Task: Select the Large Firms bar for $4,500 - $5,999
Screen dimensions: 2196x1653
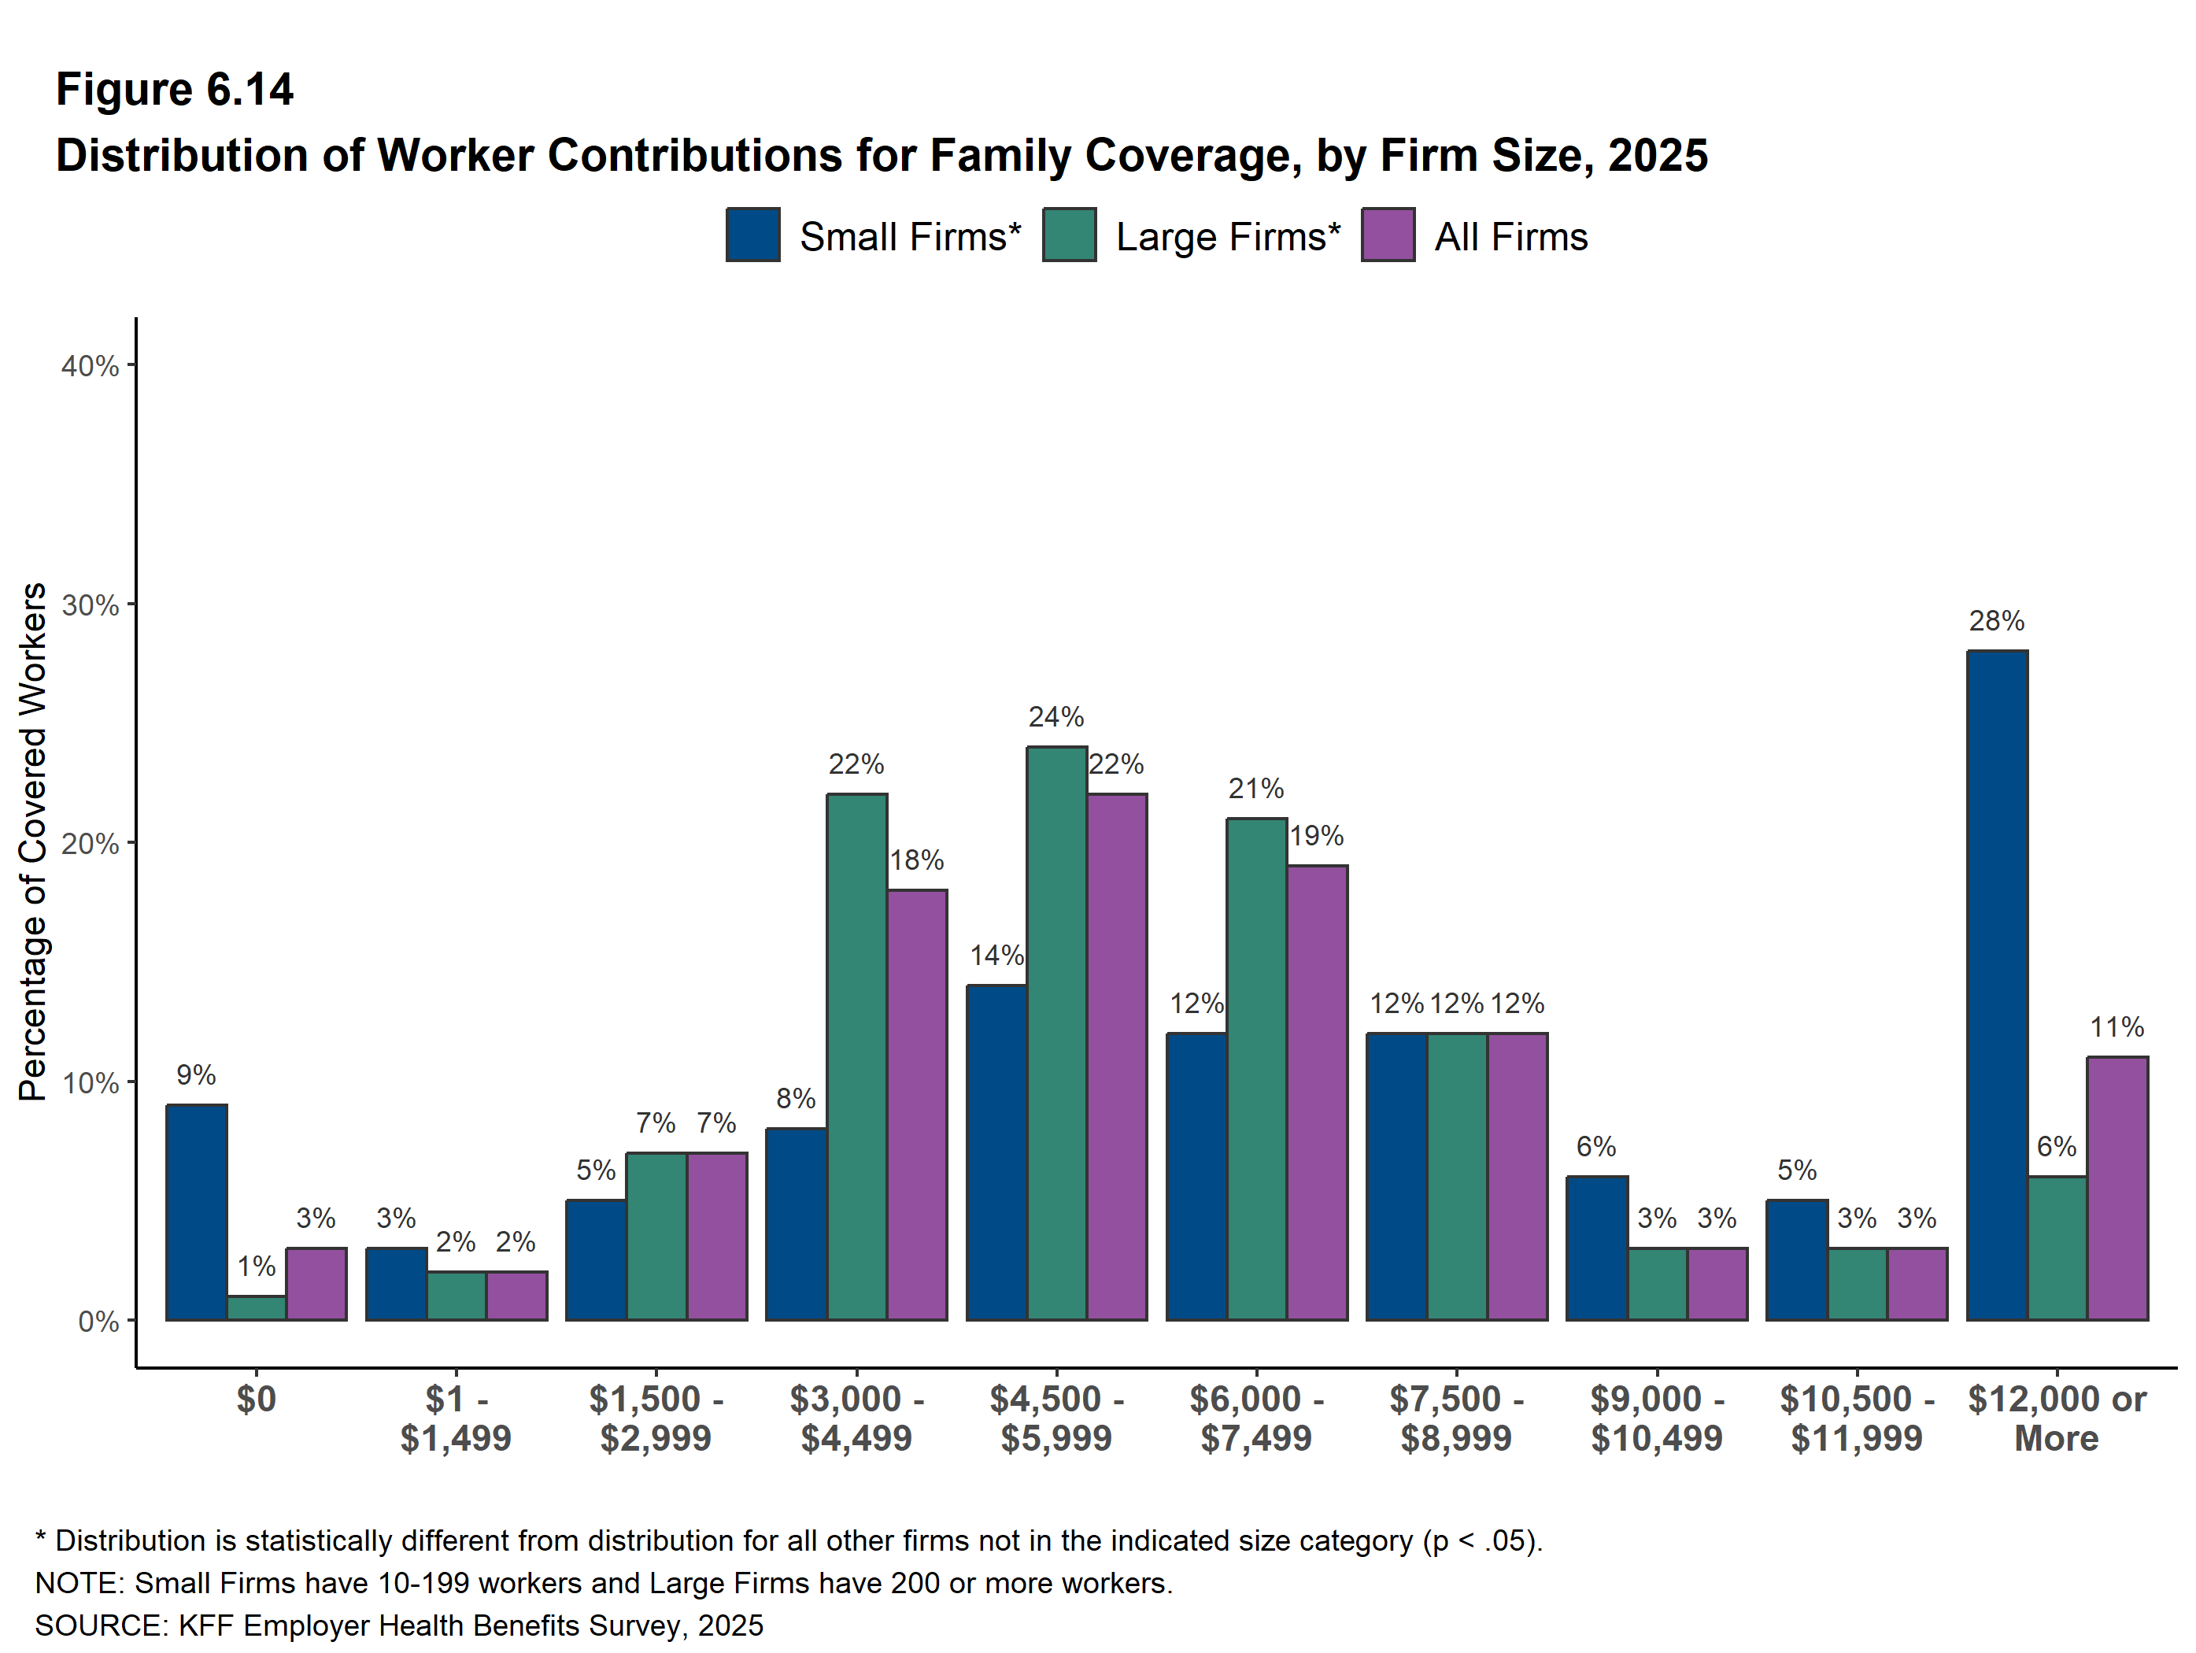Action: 1056,1033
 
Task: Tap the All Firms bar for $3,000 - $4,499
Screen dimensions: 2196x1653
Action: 917,1104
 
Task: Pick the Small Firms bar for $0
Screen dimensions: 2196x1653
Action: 197,1212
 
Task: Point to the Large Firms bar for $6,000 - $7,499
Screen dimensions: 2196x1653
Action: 1257,1068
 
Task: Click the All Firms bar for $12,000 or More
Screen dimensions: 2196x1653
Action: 2117,1189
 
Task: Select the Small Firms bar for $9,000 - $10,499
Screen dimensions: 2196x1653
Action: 1597,1248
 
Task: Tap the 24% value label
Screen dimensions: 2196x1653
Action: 1056,717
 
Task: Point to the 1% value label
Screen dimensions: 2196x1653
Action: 256,1266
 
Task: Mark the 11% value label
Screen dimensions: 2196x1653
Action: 2117,1027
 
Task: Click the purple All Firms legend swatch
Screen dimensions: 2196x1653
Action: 1388,235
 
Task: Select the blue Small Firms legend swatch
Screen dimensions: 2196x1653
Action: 752,235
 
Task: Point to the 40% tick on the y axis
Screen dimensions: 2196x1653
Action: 130,365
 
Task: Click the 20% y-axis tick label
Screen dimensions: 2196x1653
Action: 91,844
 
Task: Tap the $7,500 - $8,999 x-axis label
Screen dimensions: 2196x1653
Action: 1456,1418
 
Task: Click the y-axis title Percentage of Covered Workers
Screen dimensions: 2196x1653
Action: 33,842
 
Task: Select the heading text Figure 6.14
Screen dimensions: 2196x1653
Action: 175,90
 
